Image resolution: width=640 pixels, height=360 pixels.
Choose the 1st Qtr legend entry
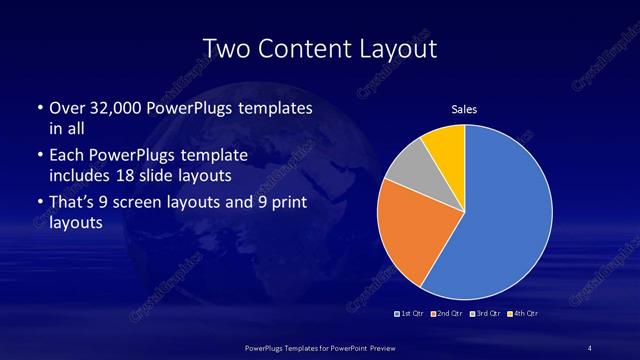pos(409,315)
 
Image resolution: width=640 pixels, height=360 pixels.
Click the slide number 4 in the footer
pos(590,347)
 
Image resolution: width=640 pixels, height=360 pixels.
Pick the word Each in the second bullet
pos(67,156)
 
